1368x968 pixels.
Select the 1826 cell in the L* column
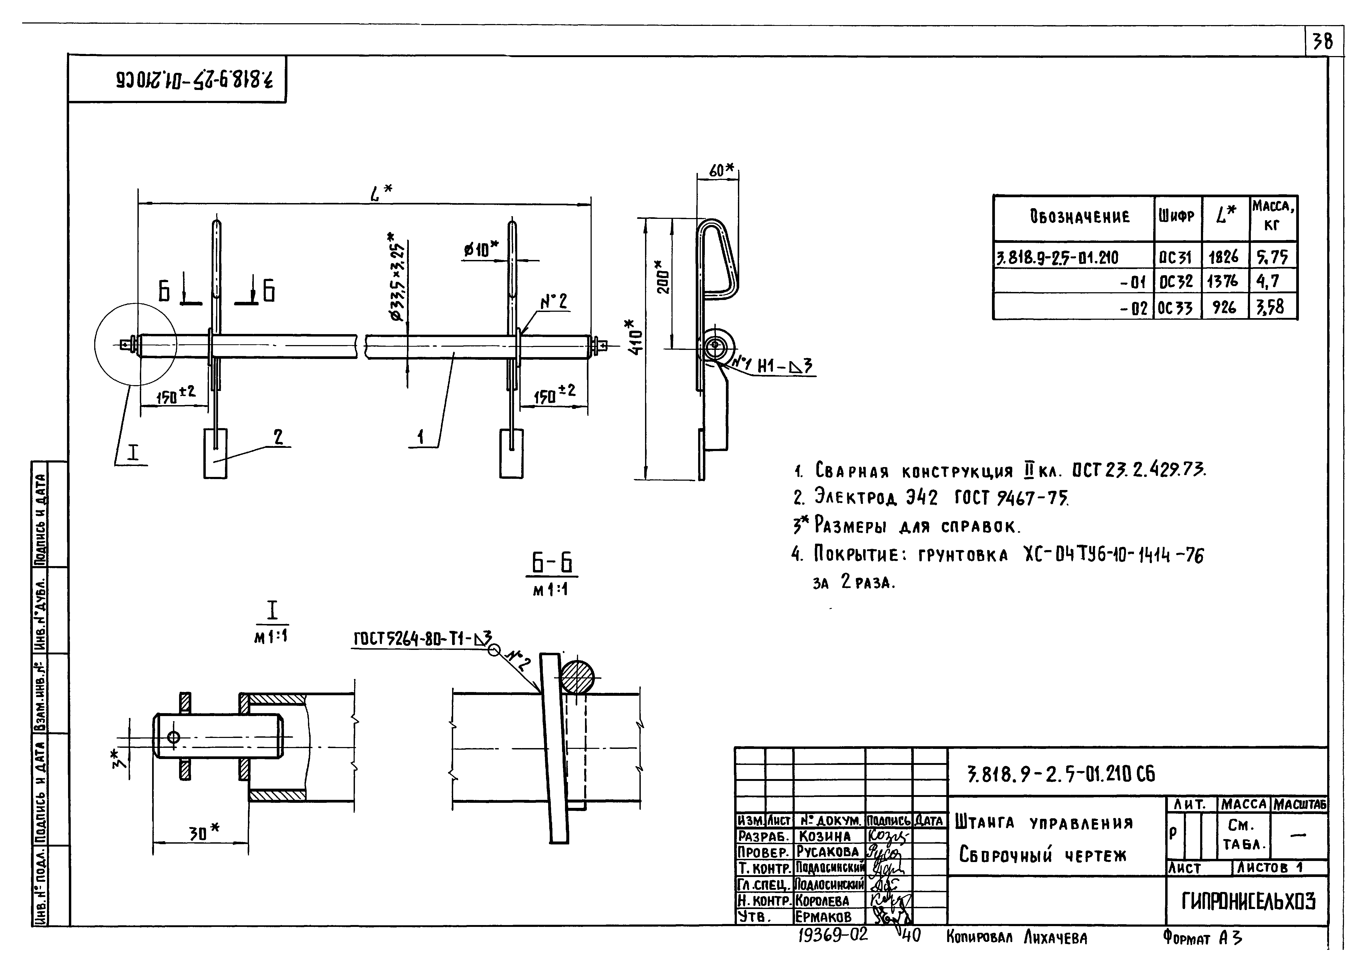(x=1224, y=257)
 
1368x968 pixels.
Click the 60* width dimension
(x=721, y=170)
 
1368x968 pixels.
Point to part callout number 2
(x=278, y=437)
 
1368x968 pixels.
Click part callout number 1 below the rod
(x=421, y=437)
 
